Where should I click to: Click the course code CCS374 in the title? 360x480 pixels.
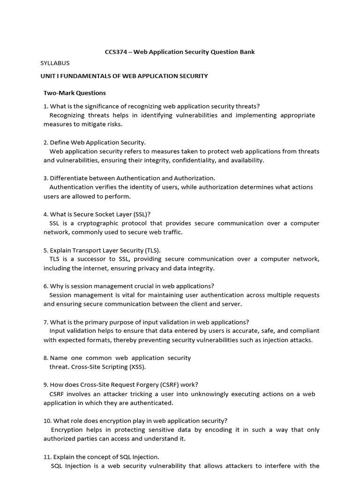coord(115,52)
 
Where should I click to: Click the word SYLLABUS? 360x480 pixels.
coord(57,63)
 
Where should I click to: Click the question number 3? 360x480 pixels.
coord(45,178)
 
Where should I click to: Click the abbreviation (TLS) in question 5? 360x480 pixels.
coord(156,250)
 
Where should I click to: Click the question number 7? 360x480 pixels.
coord(45,322)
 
